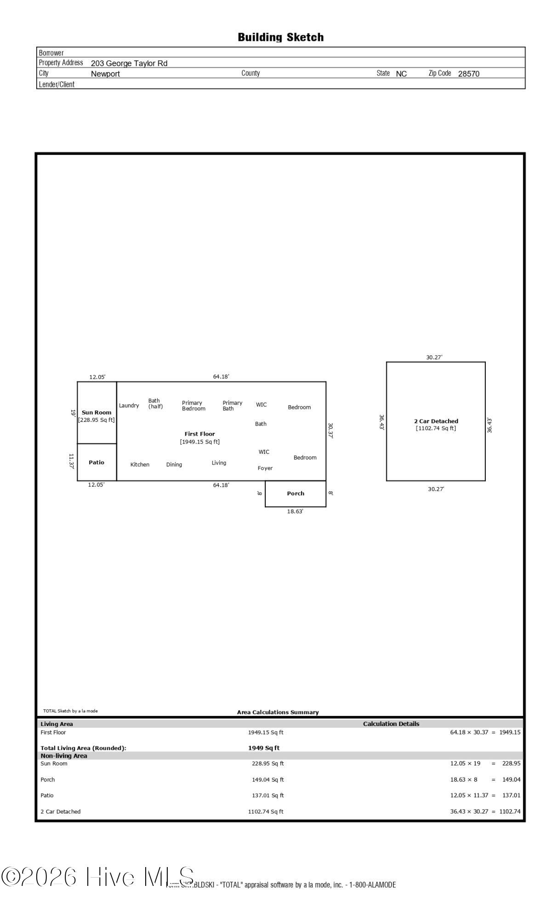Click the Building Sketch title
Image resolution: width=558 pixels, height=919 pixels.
tap(280, 37)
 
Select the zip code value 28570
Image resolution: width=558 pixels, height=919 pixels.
tap(468, 74)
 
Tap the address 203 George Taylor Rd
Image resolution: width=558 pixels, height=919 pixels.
tap(129, 63)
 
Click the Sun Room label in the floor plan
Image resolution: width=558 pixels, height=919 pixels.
tap(97, 412)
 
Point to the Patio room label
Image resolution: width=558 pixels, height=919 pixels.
tap(97, 462)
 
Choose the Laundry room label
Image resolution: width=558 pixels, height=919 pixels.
tap(129, 405)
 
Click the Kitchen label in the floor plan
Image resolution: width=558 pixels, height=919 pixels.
tap(140, 465)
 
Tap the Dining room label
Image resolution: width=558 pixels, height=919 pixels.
tap(174, 465)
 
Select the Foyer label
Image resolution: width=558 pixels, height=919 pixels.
tap(265, 468)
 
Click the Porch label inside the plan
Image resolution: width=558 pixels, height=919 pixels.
tap(296, 494)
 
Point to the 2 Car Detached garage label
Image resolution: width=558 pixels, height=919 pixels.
tap(436, 421)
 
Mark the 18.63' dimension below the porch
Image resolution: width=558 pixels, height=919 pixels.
tap(295, 511)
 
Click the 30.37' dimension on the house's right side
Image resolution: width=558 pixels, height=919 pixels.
tap(330, 431)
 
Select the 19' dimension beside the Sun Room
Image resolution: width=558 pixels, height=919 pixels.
tap(73, 413)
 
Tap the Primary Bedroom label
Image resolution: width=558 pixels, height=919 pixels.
tap(194, 406)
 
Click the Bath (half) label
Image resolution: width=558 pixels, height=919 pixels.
tap(155, 403)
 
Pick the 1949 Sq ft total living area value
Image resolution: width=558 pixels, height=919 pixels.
tap(264, 748)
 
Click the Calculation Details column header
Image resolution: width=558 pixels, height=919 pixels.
tap(391, 724)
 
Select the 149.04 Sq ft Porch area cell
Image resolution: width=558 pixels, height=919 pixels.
tap(268, 779)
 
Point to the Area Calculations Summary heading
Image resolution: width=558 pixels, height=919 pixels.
tap(278, 712)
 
